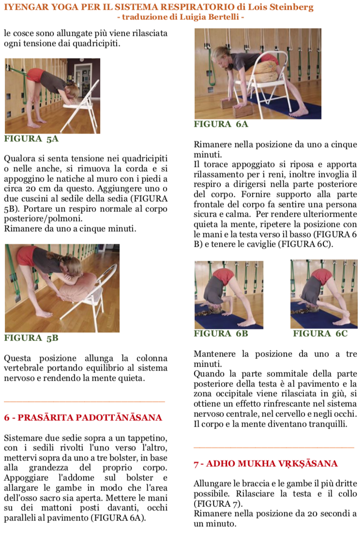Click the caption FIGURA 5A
[31, 139]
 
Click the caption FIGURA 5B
[31, 338]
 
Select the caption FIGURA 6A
[221, 124]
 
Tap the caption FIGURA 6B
[221, 333]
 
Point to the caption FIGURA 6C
[320, 333]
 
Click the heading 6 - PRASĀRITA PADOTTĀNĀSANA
[83, 417]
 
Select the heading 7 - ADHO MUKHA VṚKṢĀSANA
[266, 464]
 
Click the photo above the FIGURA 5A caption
[52, 96]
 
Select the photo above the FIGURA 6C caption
[324, 294]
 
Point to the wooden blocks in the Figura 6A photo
[237, 107]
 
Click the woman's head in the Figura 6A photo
[221, 56]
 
